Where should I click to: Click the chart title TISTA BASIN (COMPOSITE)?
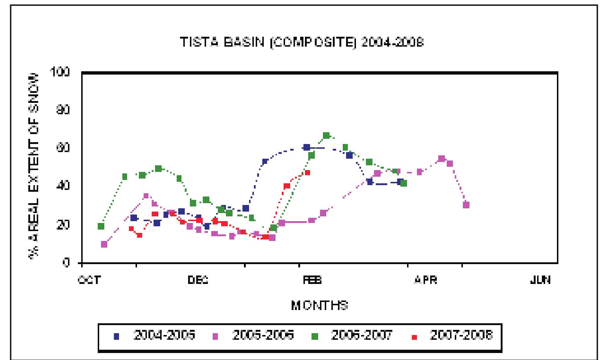tap(301, 42)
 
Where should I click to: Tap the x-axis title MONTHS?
tap(320, 305)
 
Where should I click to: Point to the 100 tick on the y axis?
tap(62, 72)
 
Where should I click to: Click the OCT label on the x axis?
tap(89, 280)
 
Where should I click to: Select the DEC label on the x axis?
tap(198, 280)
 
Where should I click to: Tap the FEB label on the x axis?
tap(312, 280)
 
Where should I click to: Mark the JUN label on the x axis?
tap(540, 280)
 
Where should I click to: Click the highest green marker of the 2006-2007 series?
tap(326, 136)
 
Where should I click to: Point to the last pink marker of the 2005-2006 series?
tap(466, 205)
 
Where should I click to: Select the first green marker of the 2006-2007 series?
tap(101, 226)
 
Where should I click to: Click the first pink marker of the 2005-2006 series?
tap(104, 244)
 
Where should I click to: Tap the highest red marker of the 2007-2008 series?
tap(307, 172)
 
